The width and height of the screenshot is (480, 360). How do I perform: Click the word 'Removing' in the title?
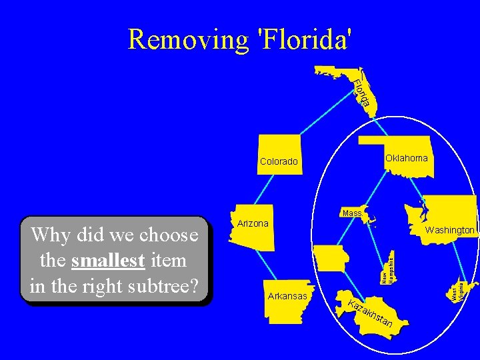pyautogui.click(x=188, y=39)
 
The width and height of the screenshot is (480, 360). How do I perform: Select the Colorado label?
pyautogui.click(x=279, y=161)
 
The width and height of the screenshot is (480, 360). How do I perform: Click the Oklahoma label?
pyautogui.click(x=406, y=158)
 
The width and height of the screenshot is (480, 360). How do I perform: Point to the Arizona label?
pyautogui.click(x=253, y=223)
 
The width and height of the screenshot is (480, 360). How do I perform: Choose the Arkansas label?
pyautogui.click(x=287, y=296)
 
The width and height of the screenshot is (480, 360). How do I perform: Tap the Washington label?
pyautogui.click(x=450, y=230)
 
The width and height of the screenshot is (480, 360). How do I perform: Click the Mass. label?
pyautogui.click(x=352, y=213)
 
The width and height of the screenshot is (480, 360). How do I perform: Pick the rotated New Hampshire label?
pyautogui.click(x=387, y=268)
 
